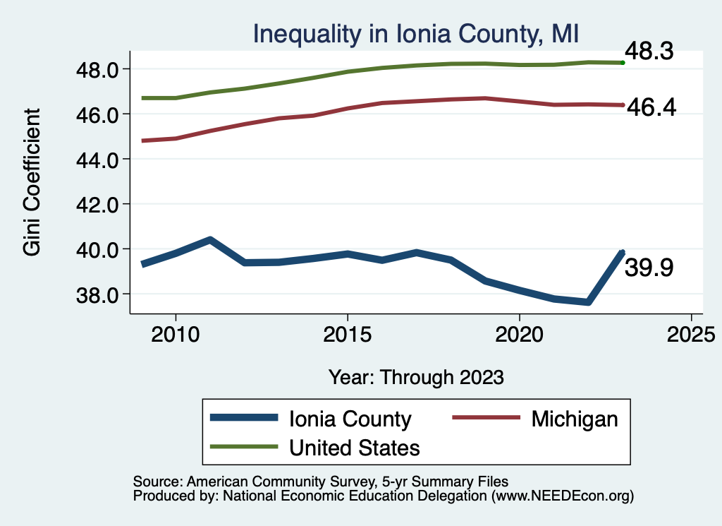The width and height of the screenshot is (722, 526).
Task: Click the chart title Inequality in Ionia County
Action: coord(416,34)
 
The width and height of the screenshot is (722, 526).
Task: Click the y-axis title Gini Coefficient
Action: coord(32,182)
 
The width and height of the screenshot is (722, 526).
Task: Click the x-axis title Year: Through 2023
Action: coord(416,377)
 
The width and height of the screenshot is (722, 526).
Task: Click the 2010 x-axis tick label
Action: coord(176,332)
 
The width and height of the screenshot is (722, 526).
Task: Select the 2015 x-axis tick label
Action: coord(347,332)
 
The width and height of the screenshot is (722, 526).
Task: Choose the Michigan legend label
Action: coord(574,419)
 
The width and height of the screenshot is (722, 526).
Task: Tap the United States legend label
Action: coord(355,447)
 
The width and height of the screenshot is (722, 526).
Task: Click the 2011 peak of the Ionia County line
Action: coord(210,240)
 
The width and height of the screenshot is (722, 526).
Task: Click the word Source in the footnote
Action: coord(154,482)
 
